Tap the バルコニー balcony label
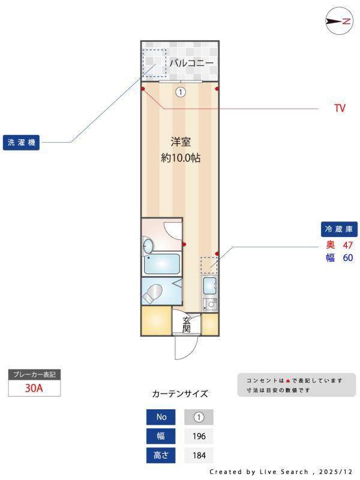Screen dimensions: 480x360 (191, 62)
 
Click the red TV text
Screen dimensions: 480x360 (340, 109)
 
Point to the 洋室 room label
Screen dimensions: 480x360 (181, 142)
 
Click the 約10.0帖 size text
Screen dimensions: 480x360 (181, 158)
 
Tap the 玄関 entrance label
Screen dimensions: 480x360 (187, 324)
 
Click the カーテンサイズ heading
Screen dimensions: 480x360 (180, 394)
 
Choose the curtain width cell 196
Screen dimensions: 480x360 (199, 436)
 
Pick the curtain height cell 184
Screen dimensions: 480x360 (199, 455)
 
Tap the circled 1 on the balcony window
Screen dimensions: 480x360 (181, 92)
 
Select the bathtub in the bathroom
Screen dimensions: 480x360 (163, 263)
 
